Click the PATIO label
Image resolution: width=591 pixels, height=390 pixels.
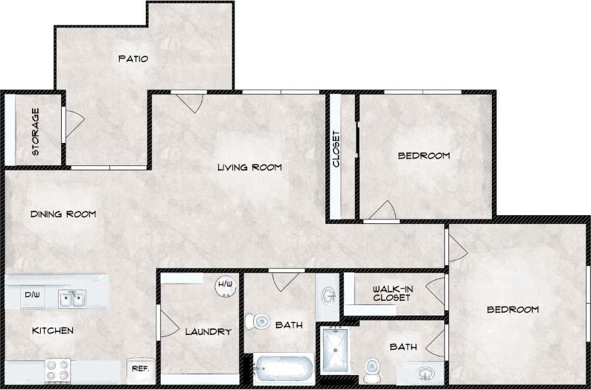click(x=133, y=59)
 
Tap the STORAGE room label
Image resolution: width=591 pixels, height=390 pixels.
click(x=36, y=132)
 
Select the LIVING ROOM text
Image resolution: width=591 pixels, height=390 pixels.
click(x=249, y=167)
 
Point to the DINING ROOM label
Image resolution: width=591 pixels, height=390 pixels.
click(x=63, y=214)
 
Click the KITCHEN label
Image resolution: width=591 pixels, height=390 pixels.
click(x=52, y=330)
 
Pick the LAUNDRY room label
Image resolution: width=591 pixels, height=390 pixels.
click(x=208, y=331)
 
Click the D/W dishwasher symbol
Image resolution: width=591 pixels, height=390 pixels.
click(x=32, y=295)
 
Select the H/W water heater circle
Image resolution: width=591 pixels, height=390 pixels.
click(x=223, y=285)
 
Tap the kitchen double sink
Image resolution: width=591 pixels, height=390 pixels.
click(x=73, y=299)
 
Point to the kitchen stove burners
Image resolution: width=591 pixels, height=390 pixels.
click(x=58, y=368)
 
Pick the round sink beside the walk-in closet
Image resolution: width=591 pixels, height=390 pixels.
click(x=328, y=297)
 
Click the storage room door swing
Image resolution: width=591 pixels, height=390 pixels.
click(x=74, y=124)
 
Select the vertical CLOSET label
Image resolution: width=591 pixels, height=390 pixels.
click(x=336, y=150)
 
